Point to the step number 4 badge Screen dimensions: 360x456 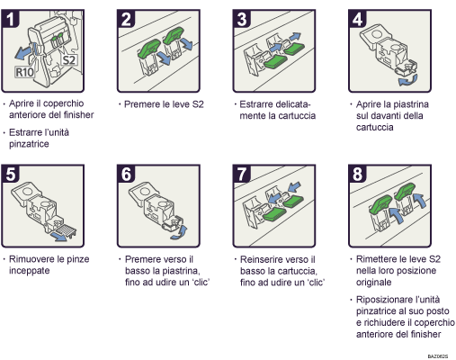(356, 17)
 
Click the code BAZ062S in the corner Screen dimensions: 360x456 (437, 354)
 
